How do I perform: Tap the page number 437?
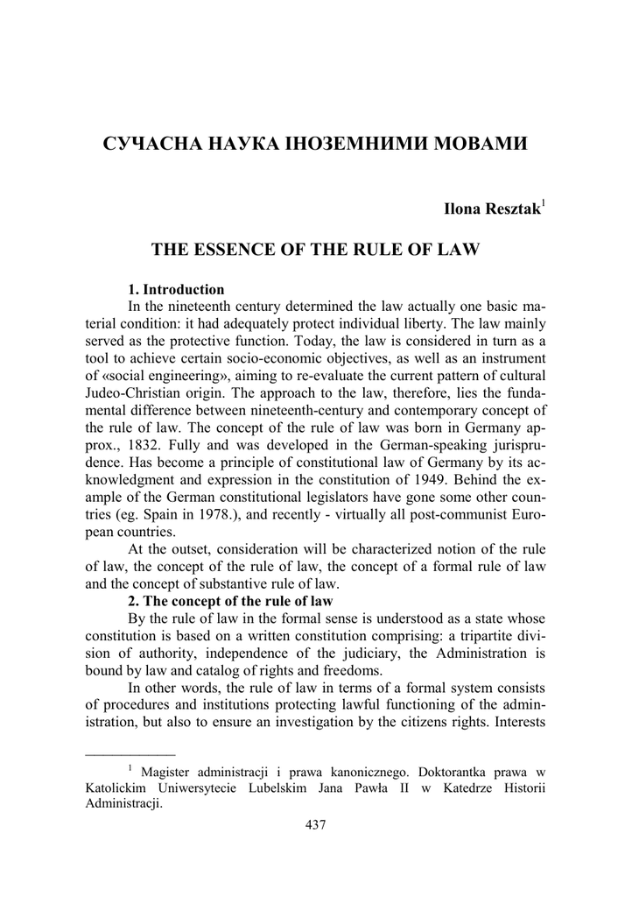click(316, 823)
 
